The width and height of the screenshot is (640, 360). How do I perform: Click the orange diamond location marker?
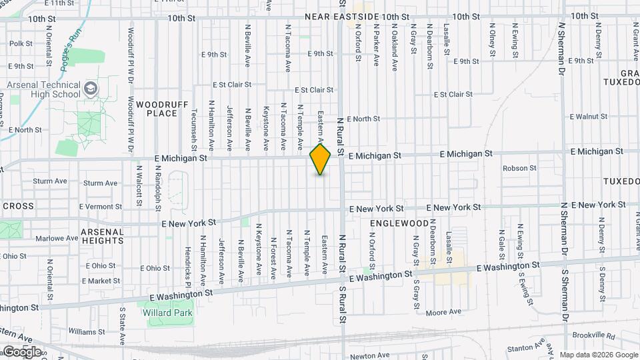pos(321,159)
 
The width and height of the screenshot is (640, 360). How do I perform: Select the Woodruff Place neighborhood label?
pos(157,109)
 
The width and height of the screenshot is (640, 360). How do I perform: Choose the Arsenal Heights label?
pos(102,236)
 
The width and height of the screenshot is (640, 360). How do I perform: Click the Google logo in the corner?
pos(21,351)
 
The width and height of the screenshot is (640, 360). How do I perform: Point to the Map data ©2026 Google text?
pos(597,355)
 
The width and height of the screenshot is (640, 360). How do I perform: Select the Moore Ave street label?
pos(443,311)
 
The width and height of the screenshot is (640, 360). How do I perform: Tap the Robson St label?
pos(520,168)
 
